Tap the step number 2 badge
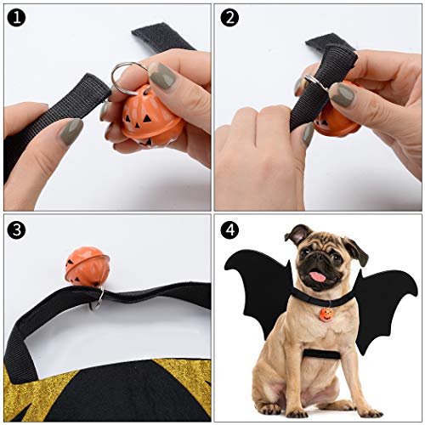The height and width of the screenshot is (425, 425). coord(229,16)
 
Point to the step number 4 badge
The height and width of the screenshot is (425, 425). coord(229,229)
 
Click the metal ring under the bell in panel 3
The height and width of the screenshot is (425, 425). coord(99,295)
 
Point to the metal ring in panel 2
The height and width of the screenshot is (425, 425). coord(312,83)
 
